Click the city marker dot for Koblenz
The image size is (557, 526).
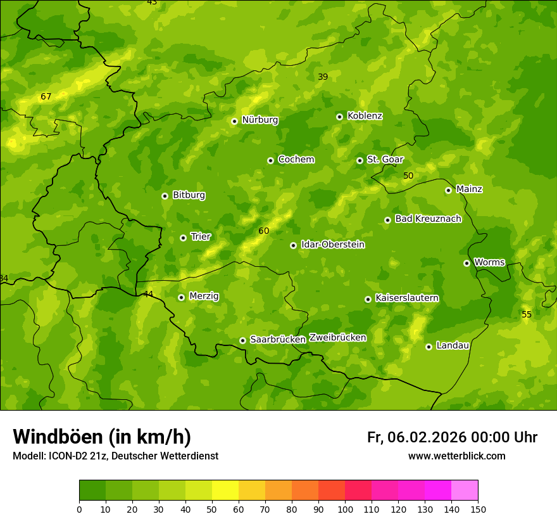(339, 117)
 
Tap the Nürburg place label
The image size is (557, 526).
(260, 120)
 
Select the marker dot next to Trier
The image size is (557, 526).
(183, 238)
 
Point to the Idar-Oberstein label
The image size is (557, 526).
(332, 245)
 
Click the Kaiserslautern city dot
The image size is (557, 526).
(368, 299)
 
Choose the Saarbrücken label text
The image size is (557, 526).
(278, 340)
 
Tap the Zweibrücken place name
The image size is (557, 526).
(337, 338)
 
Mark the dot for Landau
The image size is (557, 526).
(429, 347)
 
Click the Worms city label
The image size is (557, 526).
(489, 262)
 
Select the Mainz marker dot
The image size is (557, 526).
(448, 190)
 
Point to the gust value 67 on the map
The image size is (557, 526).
(46, 97)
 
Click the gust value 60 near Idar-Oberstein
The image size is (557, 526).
(263, 231)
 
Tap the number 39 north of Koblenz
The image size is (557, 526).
(323, 77)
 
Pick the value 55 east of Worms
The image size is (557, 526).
(527, 314)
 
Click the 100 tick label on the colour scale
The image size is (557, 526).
(345, 509)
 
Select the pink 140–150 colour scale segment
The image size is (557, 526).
(465, 491)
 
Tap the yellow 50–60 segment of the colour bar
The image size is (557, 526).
(225, 491)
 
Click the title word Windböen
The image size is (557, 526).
(58, 437)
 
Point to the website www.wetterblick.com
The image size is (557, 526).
(456, 456)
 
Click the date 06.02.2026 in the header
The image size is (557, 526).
(427, 437)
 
